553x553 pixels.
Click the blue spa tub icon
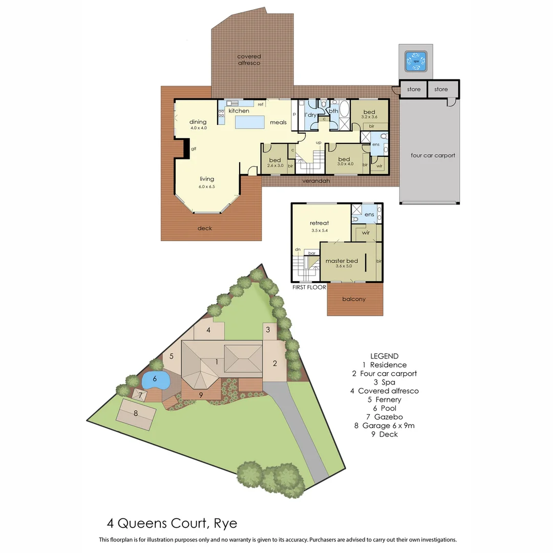pos(416,61)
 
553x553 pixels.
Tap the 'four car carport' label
pos(433,155)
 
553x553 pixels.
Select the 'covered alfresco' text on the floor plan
pos(249,59)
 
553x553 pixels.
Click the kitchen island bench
pos(250,122)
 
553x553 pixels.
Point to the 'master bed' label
pos(342,261)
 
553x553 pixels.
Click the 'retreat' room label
pos(319,223)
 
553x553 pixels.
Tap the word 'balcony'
pos(354,299)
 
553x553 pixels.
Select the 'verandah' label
pos(316,181)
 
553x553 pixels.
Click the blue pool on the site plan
pos(155,380)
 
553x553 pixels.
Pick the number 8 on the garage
pos(136,413)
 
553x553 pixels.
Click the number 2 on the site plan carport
pos(275,364)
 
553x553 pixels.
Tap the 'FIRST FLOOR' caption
pos(309,287)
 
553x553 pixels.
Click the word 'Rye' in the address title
pos(226,523)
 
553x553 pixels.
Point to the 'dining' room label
pos(198,122)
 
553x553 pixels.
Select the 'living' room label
pos(207,179)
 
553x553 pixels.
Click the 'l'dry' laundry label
pos(310,114)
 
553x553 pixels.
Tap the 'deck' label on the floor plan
pos(205,228)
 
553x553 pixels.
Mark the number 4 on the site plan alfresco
pos(208,330)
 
